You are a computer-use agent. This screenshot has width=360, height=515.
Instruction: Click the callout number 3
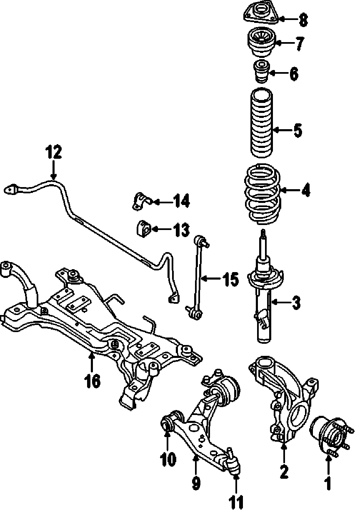pos(296,303)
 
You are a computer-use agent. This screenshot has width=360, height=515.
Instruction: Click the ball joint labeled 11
pos(234,462)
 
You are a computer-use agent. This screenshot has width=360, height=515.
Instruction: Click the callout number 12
pos(54,152)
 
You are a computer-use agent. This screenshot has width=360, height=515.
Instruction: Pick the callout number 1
pos(328,483)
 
